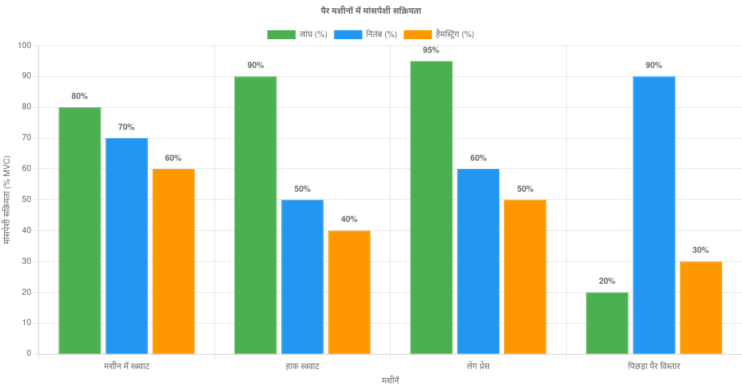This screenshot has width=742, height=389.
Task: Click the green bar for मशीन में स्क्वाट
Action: [x=80, y=230]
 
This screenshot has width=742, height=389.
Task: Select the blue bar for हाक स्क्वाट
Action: [x=303, y=276]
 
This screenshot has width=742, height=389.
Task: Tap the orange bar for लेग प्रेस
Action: [x=525, y=276]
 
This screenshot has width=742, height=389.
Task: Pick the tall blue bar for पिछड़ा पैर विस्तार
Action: [x=654, y=214]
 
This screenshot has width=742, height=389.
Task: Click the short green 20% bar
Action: [x=607, y=322]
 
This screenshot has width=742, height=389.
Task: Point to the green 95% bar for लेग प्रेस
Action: [x=432, y=207]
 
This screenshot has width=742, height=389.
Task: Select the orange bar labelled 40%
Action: [x=349, y=292]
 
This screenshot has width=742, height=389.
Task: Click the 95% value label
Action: [x=432, y=50]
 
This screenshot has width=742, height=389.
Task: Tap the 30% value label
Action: [x=701, y=250]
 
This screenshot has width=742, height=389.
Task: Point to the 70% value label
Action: [x=127, y=127]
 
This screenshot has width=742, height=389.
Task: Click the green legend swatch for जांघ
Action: [x=281, y=34]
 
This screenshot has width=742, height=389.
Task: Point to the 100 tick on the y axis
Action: [x=25, y=45]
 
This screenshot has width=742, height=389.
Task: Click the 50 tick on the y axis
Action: [x=27, y=199]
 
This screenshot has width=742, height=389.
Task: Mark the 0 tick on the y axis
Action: [x=29, y=353]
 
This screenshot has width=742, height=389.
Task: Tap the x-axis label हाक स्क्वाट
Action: [x=303, y=366]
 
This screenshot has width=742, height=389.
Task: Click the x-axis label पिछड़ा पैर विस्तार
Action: [x=654, y=366]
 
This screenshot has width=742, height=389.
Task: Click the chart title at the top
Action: [x=371, y=11]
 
